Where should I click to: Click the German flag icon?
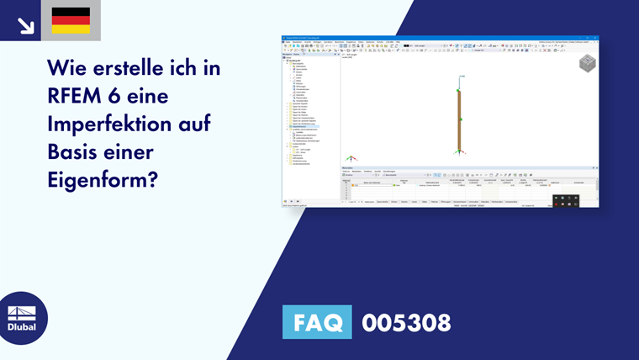click(x=71, y=20)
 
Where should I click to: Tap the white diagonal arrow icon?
click(x=25, y=25)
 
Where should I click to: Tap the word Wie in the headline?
click(x=68, y=68)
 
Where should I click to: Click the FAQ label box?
click(x=316, y=322)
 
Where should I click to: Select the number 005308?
click(x=406, y=322)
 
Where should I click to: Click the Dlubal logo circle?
click(x=23, y=318)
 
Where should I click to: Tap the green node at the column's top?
click(x=459, y=90)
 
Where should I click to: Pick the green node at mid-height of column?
click(x=460, y=120)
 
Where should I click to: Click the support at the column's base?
click(x=460, y=152)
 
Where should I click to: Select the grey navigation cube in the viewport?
click(x=587, y=64)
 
